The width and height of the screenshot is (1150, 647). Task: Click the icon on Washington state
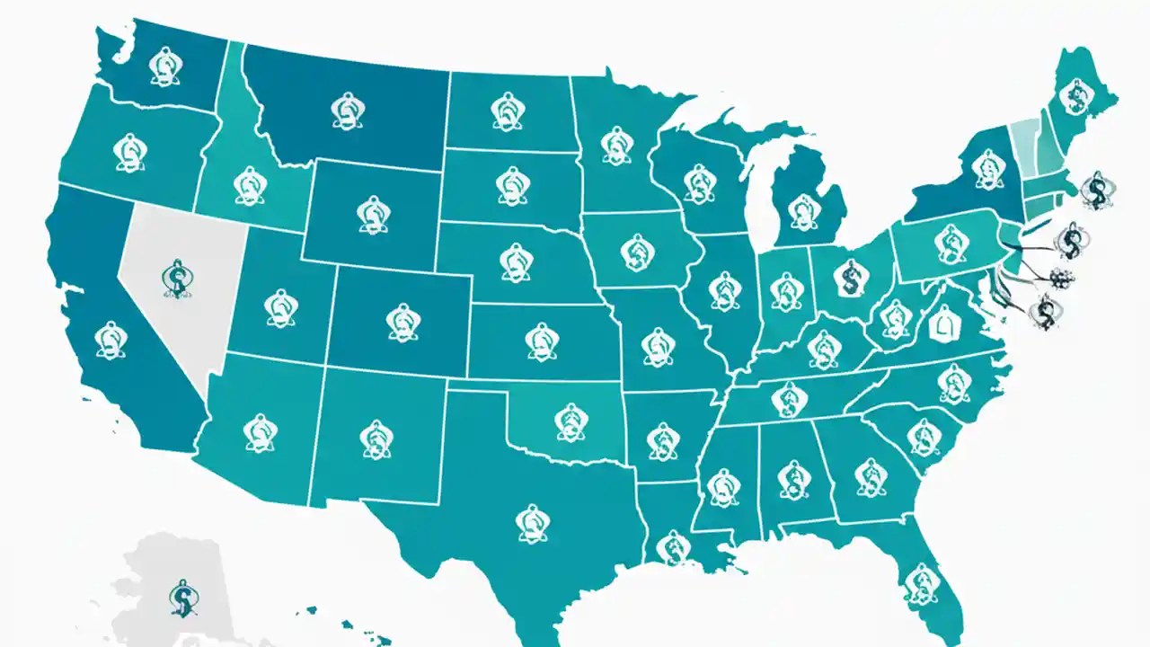163,66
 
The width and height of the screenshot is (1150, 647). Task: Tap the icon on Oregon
131,154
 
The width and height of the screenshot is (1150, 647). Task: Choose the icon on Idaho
248,186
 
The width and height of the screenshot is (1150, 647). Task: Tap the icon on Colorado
402,321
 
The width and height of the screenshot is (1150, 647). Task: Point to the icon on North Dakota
509,111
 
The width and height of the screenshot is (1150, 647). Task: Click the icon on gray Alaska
182,597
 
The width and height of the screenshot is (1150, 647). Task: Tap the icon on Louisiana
670,547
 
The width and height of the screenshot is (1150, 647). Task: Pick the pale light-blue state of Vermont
1023,140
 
